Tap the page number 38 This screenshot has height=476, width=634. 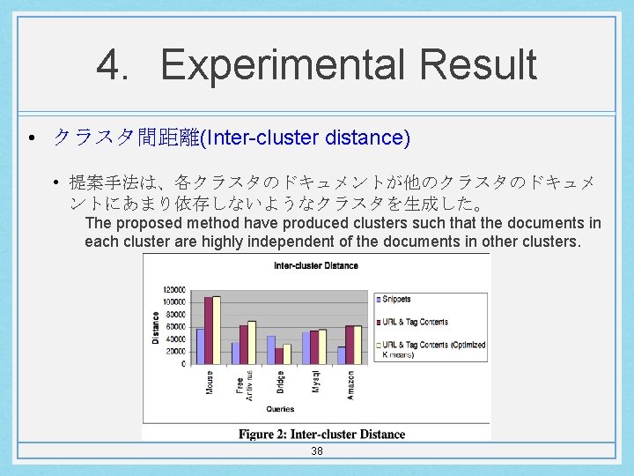317,451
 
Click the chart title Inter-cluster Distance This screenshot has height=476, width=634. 316,265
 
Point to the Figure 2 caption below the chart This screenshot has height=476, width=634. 321,434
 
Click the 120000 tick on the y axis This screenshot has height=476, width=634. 173,289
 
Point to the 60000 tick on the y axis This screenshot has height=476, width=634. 174,326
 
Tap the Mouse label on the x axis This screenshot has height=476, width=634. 210,382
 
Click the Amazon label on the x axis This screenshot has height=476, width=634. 351,384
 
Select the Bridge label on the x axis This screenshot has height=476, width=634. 280,383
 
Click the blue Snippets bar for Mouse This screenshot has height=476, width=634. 201,346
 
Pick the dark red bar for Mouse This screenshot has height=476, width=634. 209,330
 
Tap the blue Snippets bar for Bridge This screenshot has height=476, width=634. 271,349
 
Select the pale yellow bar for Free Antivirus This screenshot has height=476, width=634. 252,342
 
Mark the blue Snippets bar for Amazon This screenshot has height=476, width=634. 342,354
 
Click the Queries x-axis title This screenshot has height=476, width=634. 279,409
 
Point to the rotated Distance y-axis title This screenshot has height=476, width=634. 156,327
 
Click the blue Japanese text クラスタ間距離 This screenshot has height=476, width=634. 127,138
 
